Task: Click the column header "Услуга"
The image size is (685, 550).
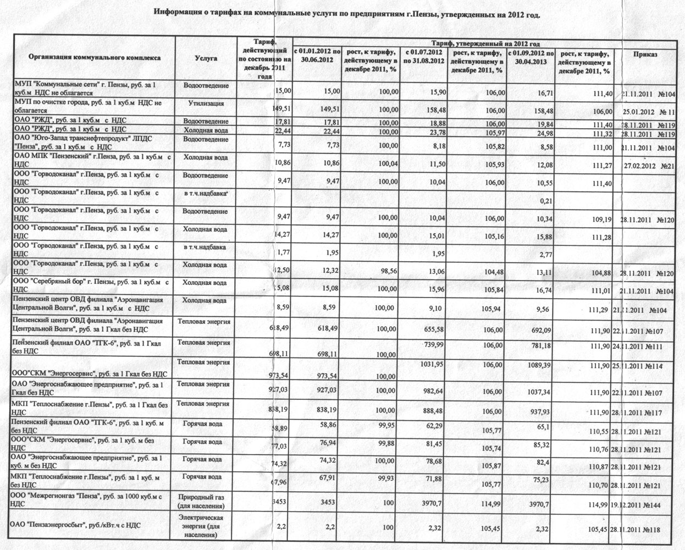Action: click(206, 58)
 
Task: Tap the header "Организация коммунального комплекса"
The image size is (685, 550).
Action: click(94, 56)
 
